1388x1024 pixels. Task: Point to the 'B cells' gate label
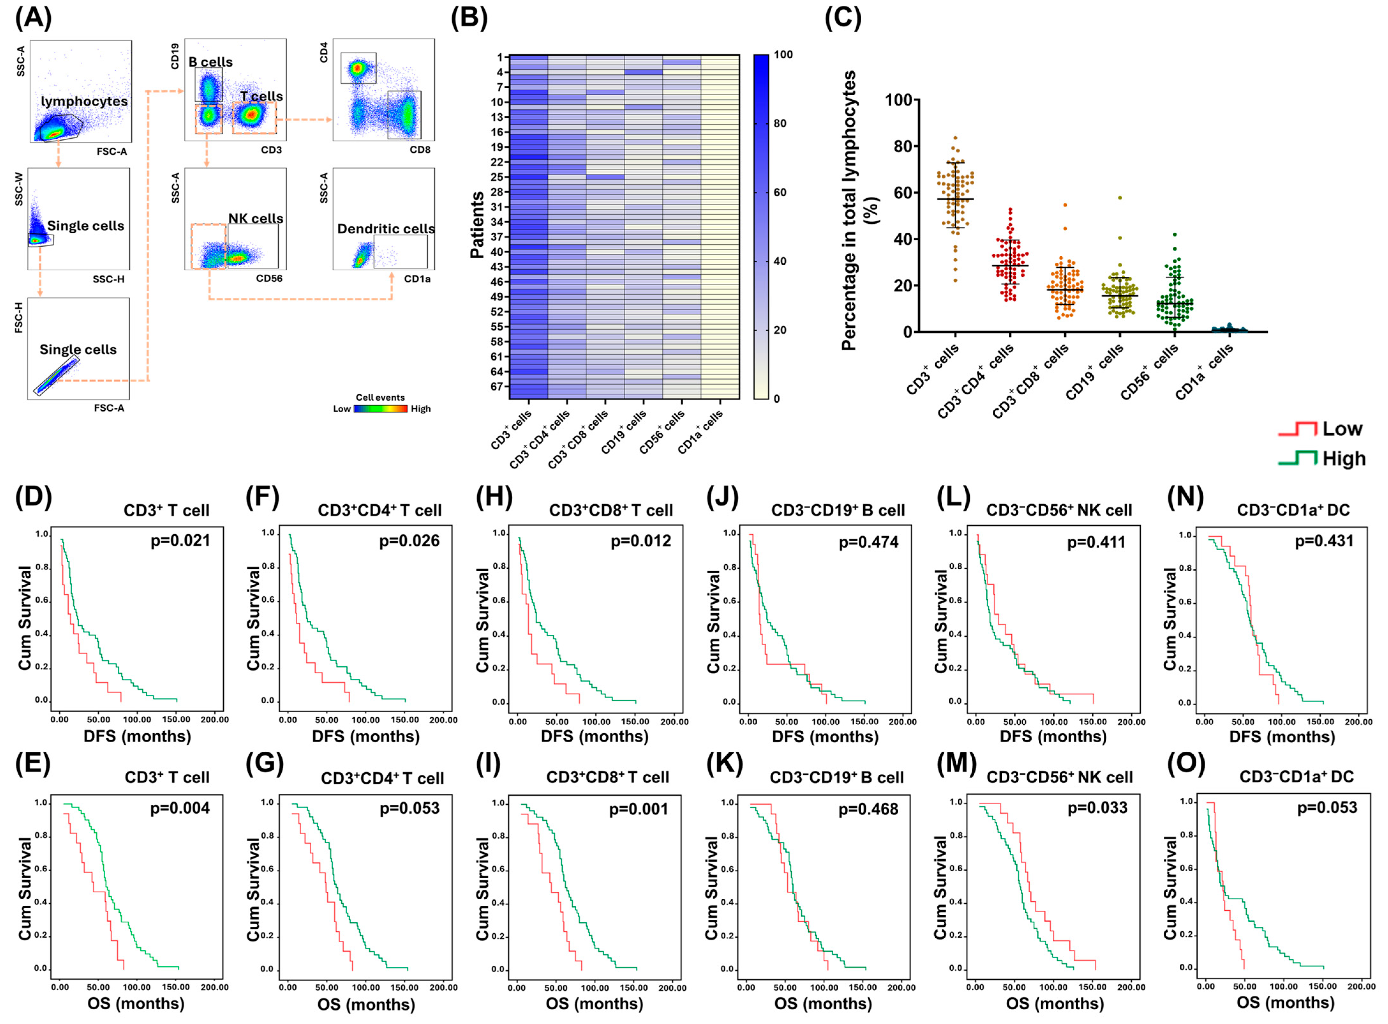click(210, 62)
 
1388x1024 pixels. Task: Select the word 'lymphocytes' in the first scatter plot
click(84, 101)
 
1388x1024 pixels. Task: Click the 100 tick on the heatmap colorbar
click(783, 55)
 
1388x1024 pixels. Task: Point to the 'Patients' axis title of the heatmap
click(477, 225)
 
